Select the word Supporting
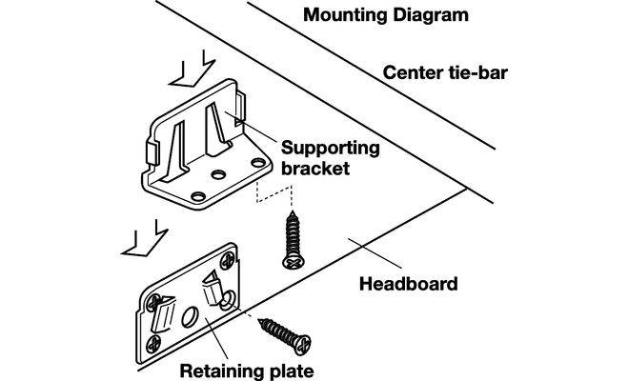(330, 150)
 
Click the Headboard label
(408, 283)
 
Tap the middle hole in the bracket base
(219, 175)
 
